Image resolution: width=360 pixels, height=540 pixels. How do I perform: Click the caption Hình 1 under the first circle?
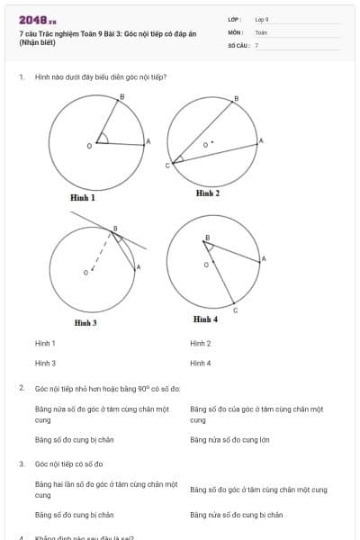pos(83,197)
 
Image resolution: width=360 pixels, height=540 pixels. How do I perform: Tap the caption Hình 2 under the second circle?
pos(208,193)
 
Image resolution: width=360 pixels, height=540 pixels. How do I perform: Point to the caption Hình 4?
pos(205,319)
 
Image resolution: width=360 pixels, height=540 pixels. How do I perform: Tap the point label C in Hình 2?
pos(166,166)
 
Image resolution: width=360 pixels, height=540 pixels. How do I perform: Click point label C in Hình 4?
pos(235,310)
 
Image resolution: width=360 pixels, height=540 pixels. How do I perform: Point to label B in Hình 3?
pos(114,229)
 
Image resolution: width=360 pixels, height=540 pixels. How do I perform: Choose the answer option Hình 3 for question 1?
pos(45,363)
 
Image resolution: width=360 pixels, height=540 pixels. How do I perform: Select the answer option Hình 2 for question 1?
pos(200,343)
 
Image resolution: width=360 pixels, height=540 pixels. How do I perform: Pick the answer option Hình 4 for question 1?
pos(200,363)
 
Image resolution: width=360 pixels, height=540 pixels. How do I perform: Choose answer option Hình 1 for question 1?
pos(45,343)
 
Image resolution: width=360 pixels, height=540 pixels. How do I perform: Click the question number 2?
pos(21,388)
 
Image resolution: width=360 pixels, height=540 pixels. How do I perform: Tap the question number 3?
pos(21,463)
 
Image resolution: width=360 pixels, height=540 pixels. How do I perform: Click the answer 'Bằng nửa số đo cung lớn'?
pos(229,439)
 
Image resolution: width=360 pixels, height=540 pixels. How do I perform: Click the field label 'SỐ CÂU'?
pos(238,44)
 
